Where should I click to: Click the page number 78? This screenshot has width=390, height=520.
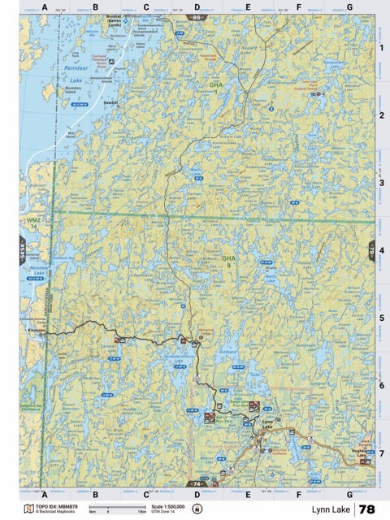click(x=367, y=509)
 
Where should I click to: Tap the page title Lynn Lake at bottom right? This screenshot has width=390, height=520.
click(x=325, y=509)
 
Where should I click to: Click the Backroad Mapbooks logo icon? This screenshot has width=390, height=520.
click(x=29, y=509)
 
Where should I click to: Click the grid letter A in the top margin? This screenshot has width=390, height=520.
click(x=45, y=7)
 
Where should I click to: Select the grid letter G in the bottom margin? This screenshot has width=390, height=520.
click(x=349, y=493)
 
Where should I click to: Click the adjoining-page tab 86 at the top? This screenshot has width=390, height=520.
click(x=196, y=16)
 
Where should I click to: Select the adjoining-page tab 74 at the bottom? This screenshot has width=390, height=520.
click(x=196, y=484)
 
